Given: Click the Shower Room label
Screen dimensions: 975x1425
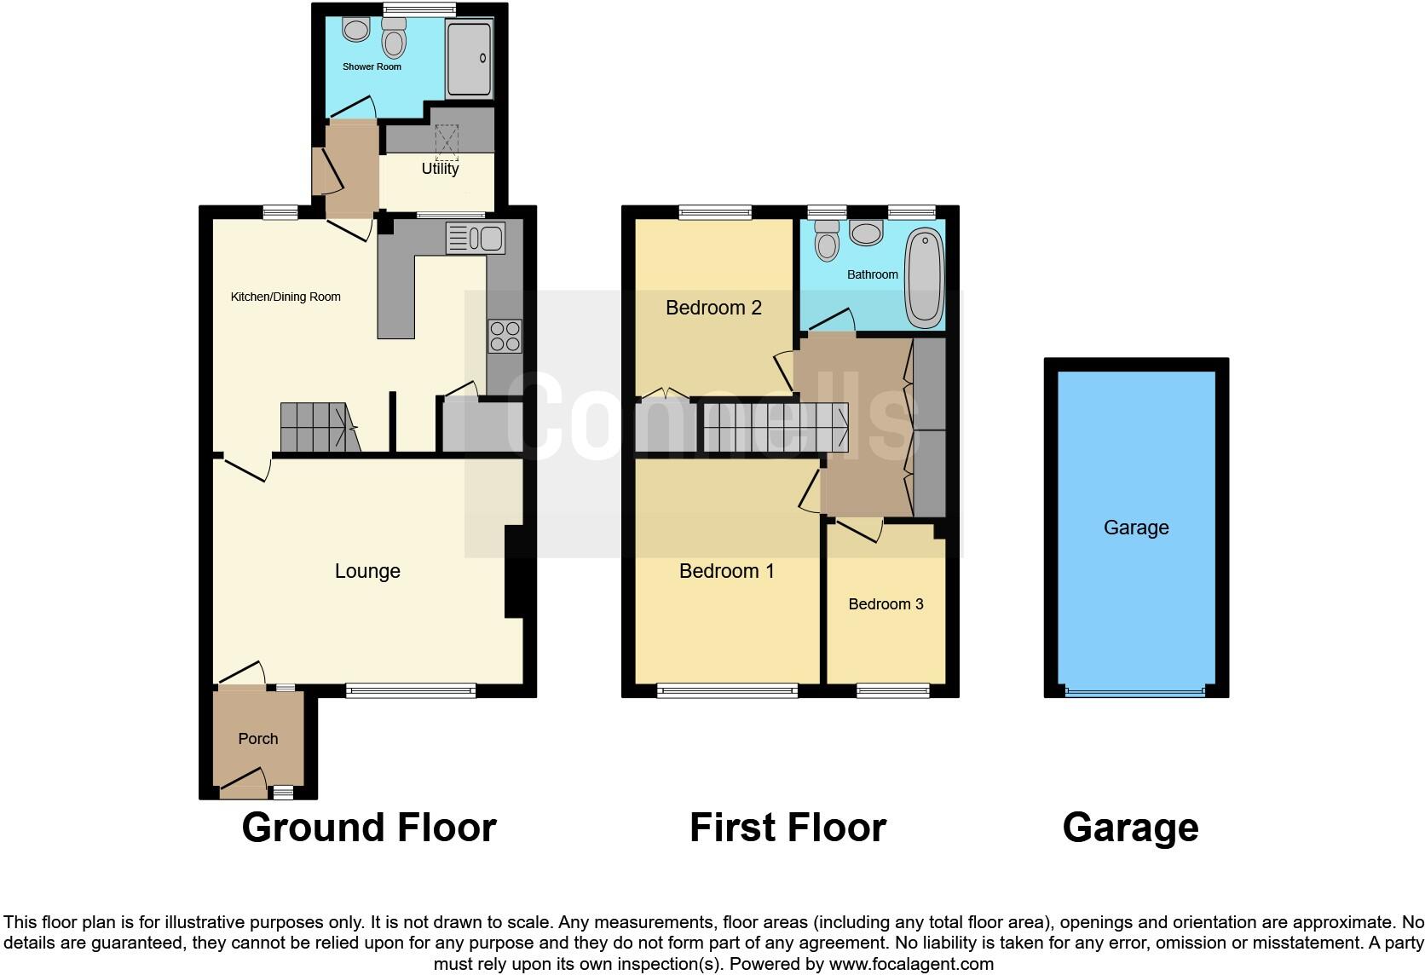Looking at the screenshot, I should point(372,66).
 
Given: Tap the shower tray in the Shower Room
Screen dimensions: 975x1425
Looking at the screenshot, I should point(470,58).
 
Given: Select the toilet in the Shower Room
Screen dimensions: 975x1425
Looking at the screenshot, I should point(394,38).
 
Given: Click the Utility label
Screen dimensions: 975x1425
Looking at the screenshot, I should point(440,169).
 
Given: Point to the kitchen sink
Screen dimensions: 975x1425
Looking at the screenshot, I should point(476,238).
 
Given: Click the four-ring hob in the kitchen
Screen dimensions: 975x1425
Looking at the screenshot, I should point(504,336).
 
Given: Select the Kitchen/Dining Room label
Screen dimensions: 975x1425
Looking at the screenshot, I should point(286,297).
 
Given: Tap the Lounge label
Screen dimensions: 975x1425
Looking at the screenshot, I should point(367,571).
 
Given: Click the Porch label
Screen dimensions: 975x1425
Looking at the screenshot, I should point(258,739).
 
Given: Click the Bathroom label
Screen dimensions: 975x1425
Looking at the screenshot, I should point(872,274).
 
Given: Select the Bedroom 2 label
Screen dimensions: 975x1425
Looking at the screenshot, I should point(713,308).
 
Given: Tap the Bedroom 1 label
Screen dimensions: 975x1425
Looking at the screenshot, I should point(726,571).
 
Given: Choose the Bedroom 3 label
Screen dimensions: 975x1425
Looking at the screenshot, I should point(886,604).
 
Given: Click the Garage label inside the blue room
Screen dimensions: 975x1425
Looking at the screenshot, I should point(1135,528).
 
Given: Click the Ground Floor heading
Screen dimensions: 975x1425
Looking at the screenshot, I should point(368,828).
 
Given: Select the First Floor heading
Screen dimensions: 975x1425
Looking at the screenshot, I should point(787,828).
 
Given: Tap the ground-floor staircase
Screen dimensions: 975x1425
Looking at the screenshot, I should point(317,427).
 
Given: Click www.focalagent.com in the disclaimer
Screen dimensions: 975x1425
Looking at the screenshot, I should point(910,965).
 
